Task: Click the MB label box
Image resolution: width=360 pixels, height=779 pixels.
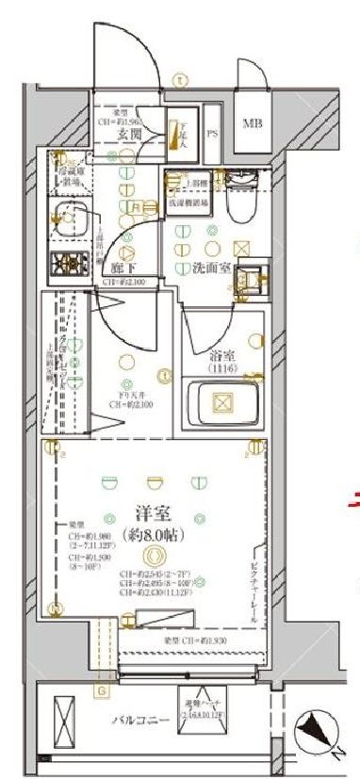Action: tap(254, 124)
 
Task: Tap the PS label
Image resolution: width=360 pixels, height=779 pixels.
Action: tap(212, 132)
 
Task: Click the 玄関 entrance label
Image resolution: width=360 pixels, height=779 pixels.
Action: tap(129, 135)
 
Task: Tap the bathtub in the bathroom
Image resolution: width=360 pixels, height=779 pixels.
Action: tap(224, 403)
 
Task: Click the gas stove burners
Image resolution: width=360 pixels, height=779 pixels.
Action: tap(68, 266)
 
